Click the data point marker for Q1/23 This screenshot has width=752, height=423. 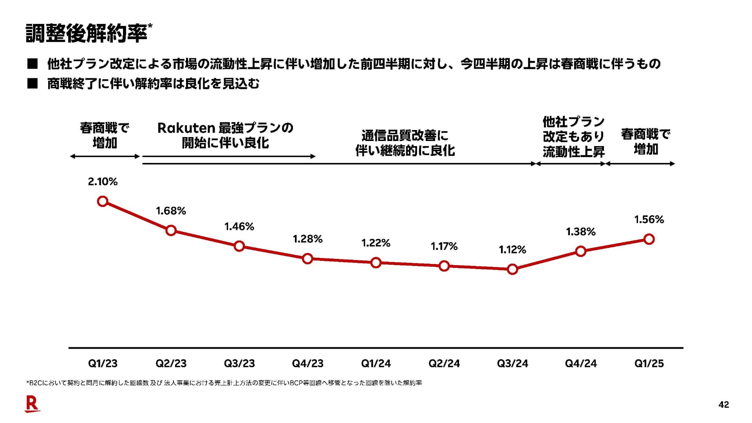103,201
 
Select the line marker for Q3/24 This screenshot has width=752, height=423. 512,269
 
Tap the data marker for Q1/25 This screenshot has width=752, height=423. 649,239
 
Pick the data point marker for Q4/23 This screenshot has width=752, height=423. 308,258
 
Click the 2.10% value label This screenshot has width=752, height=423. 103,182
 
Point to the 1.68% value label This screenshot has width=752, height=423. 171,211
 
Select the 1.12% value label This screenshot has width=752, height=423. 512,250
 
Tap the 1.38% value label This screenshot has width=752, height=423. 580,232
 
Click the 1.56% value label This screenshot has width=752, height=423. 649,220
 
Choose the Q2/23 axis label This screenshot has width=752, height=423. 171,363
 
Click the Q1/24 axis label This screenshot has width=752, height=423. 376,363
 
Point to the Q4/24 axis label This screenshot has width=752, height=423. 580,363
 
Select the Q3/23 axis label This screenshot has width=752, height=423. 239,363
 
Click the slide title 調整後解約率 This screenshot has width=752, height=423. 87,33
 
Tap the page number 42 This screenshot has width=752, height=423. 724,405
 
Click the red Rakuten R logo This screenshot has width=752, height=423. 32,404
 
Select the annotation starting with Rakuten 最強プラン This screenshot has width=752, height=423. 225,136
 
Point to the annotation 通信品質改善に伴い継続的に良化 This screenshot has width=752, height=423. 405,143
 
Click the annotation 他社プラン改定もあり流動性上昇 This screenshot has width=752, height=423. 573,136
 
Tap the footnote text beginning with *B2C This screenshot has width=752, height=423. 224,383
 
